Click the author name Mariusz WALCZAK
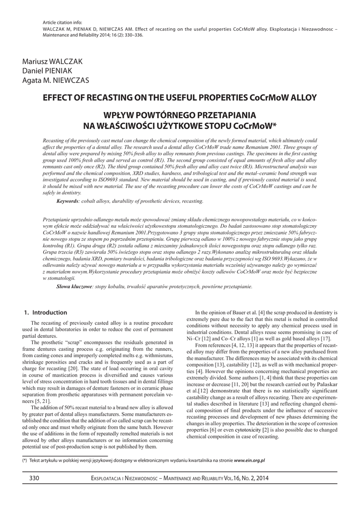(x=52, y=61)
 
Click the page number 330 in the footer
(x=35, y=478)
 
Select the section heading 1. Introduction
(x=46, y=313)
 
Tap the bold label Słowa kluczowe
(x=74, y=287)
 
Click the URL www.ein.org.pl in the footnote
(x=249, y=460)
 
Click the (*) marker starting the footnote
(x=24, y=460)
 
